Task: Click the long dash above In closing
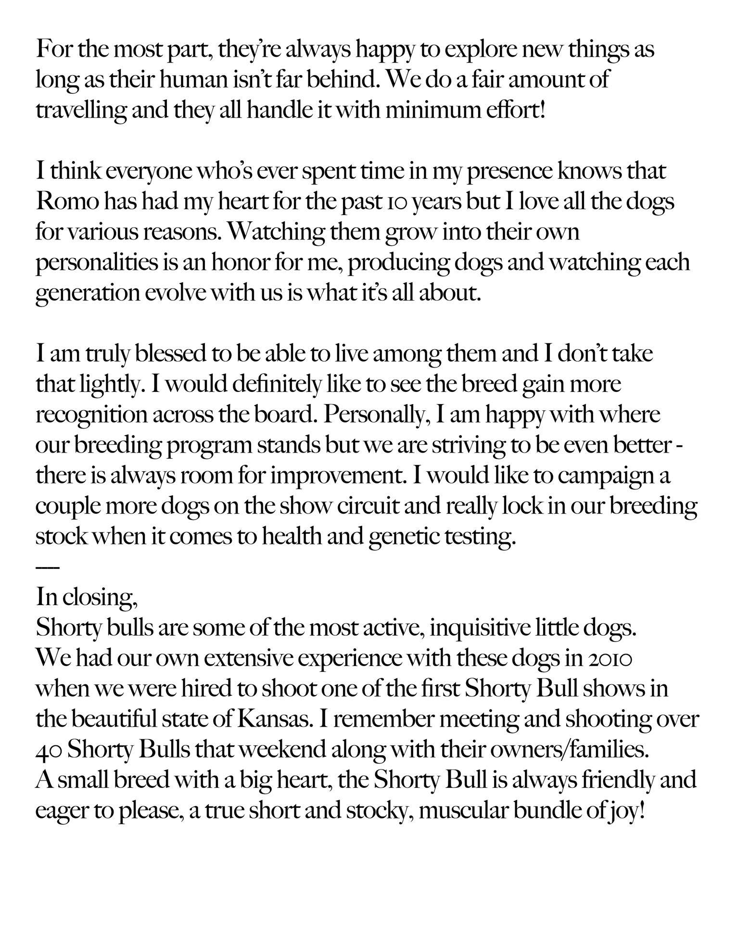point(47,568)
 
